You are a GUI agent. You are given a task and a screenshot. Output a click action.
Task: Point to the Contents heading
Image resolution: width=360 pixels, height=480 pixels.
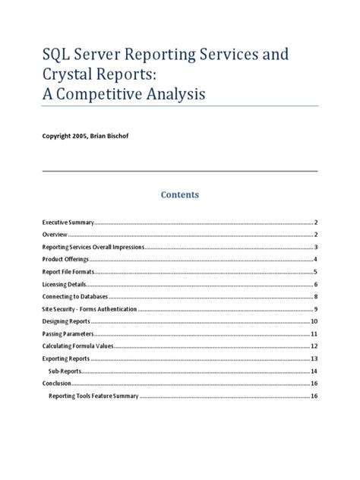coord(179,194)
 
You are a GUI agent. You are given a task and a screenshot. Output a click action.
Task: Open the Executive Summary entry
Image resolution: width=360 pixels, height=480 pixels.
coord(67,223)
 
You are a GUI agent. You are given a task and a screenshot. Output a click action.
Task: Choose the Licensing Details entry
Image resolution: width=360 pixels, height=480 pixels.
coord(64,284)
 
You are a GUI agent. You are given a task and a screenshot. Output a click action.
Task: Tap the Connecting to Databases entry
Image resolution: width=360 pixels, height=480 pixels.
coord(74,296)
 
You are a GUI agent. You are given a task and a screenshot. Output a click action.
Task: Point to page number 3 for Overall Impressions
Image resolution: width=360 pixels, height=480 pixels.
coord(315,247)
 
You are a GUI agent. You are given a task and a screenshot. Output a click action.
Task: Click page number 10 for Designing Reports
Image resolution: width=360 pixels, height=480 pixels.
coord(314,321)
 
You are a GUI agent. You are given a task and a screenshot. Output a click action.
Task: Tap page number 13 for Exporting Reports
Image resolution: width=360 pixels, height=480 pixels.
coord(314,358)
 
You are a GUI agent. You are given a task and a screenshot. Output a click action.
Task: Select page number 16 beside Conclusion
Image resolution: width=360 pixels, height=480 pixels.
coord(314,384)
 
